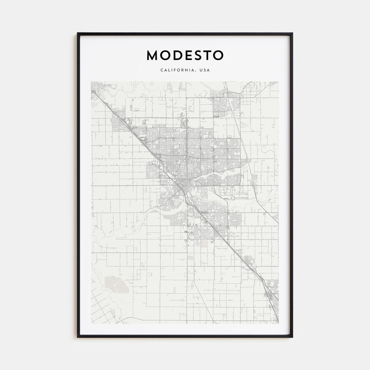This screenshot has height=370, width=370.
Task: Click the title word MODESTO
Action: [x=185, y=55]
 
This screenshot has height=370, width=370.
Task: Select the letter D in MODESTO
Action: [x=176, y=55]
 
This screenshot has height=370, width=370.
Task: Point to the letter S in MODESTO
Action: [x=197, y=55]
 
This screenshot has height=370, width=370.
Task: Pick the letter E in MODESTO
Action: [x=187, y=55]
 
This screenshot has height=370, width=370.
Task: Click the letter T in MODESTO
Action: [x=207, y=55]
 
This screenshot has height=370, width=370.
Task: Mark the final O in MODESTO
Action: [x=218, y=55]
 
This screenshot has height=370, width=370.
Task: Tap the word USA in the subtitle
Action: [x=205, y=70]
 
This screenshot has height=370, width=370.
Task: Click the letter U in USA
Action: [x=201, y=70]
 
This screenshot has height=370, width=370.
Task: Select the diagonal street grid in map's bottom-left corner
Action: [x=101, y=306]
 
